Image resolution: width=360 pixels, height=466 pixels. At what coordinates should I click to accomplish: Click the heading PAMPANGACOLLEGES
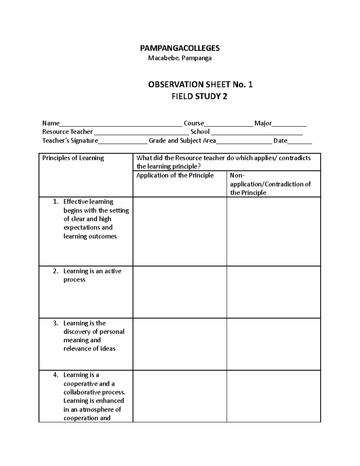(180, 48)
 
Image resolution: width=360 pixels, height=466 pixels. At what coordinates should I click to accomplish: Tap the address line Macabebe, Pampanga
(180, 58)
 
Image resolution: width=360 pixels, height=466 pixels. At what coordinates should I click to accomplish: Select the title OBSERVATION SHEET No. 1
(200, 85)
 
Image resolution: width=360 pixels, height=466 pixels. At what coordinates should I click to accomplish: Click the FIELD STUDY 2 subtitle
(199, 97)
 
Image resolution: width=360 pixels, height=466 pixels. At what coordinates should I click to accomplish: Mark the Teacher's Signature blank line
(123, 142)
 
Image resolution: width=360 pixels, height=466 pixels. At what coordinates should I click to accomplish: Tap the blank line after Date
(300, 142)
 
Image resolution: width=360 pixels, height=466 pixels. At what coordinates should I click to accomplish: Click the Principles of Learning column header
(73, 158)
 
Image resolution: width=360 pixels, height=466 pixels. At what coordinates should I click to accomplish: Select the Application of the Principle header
(175, 176)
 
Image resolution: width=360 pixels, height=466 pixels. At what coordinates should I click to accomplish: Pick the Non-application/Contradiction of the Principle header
(270, 184)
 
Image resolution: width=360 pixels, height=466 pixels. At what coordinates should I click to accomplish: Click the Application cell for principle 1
(180, 231)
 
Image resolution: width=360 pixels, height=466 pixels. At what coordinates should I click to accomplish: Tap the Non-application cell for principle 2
(274, 292)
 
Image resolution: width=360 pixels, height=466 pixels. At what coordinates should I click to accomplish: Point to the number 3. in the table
(56, 323)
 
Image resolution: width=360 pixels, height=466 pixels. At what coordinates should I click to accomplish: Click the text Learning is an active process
(92, 275)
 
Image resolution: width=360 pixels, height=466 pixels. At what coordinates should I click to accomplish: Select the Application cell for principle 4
(180, 396)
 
